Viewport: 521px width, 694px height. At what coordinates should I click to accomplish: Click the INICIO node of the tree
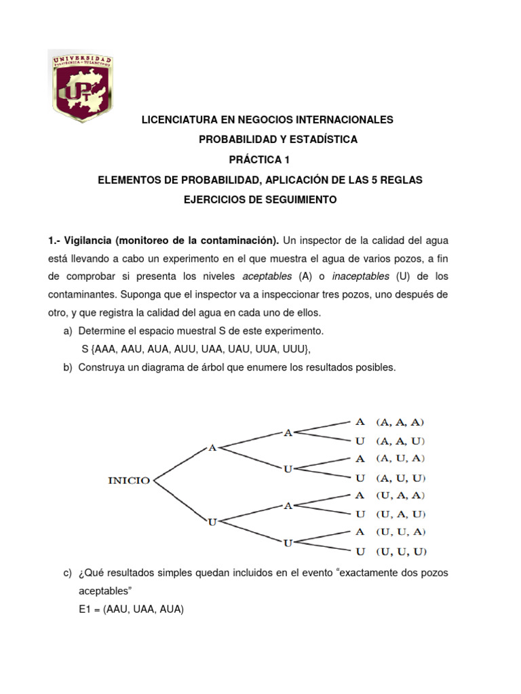click(129, 481)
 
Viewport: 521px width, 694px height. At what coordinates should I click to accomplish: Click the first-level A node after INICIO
click(212, 447)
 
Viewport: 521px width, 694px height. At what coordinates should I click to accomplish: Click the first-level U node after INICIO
click(212, 521)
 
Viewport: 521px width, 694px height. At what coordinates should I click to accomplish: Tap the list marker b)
click(67, 367)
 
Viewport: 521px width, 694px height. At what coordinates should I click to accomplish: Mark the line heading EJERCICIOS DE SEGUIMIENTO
click(260, 200)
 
